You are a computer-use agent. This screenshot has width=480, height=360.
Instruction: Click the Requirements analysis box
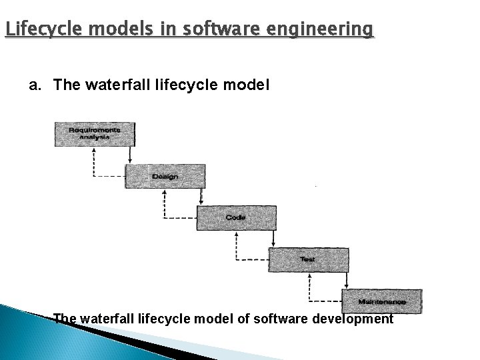pos(94,133)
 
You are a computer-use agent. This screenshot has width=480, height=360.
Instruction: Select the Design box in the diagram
pos(165,176)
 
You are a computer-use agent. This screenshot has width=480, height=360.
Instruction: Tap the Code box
pos(236,217)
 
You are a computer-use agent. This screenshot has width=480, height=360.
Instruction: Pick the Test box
pos(307,259)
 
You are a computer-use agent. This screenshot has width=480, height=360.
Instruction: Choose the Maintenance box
pos(381,301)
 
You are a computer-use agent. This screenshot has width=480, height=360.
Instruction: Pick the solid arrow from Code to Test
pos(272,238)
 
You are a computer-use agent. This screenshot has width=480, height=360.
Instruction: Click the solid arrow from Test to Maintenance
pos(345,279)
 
